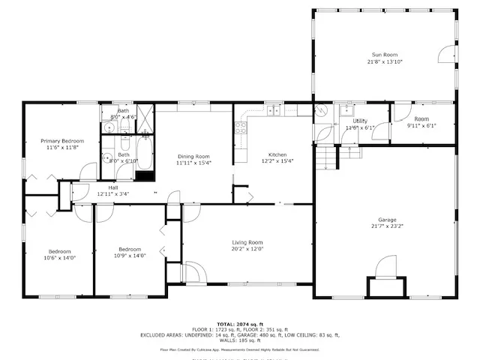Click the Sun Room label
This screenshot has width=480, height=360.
384,55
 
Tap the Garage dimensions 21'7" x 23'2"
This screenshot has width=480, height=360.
383,226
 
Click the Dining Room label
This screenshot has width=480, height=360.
193,156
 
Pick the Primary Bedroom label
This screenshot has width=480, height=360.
62,141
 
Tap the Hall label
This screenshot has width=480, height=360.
112,187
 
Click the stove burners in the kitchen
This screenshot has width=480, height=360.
241,127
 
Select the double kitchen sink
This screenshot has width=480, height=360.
273,110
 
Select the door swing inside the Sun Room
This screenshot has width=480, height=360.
446,53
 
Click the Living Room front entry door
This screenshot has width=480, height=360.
193,272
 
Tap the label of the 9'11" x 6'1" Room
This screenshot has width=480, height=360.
421,119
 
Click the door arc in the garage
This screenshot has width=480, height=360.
385,267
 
